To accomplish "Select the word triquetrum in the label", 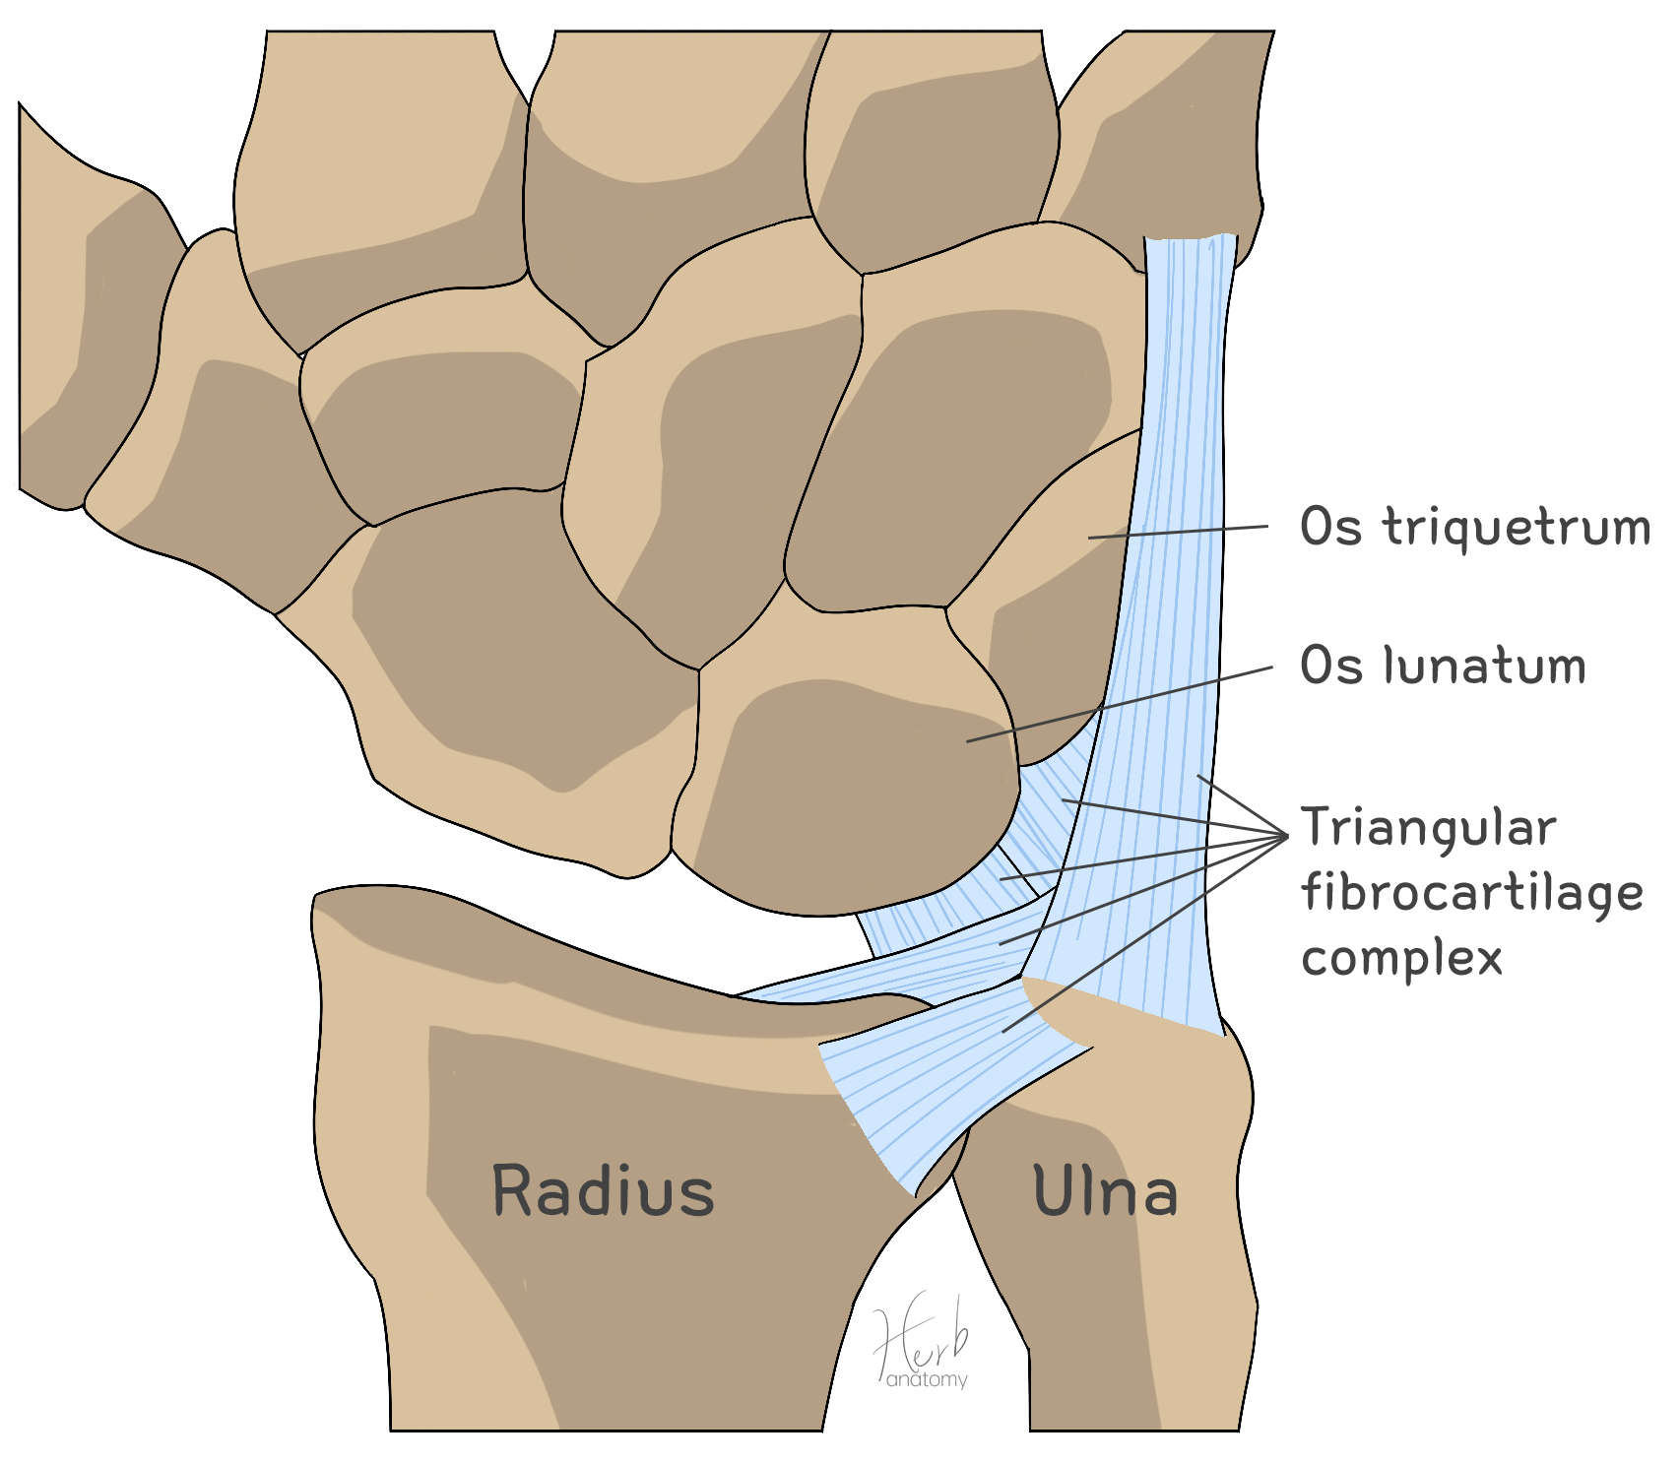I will pos(1517,528).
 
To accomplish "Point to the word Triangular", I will pos(1429,827).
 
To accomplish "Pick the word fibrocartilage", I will pos(1472,894).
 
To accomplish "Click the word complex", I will pos(1401,957).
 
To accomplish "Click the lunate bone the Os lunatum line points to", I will pos(857,788).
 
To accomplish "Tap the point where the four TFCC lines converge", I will pos(1286,836).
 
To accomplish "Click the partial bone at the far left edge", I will pos(69,315).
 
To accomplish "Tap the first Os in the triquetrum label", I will pos(1330,527).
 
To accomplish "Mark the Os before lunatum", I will pos(1330,666).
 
